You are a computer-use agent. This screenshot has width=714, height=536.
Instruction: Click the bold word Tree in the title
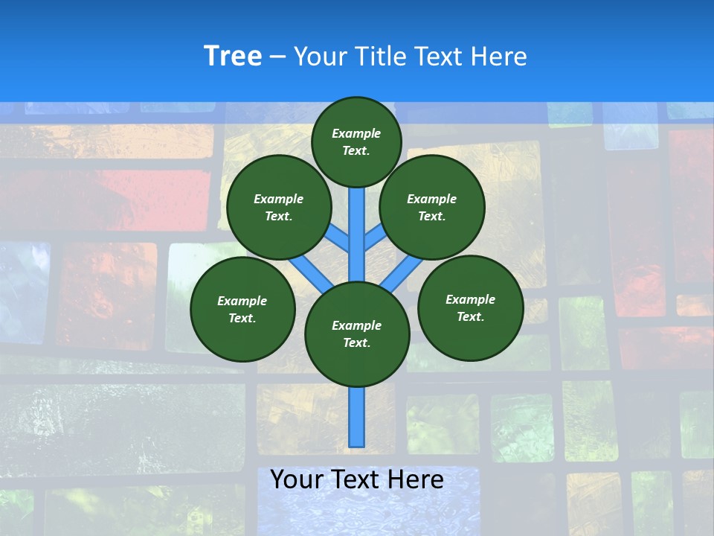pyautogui.click(x=233, y=57)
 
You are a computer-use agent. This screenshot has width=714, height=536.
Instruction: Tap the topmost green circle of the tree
pyautogui.click(x=356, y=141)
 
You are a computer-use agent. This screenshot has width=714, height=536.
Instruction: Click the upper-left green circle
pyautogui.click(x=279, y=207)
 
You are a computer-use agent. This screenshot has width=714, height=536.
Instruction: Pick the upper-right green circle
pyautogui.click(x=432, y=207)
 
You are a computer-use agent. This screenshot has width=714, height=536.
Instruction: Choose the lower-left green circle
pyautogui.click(x=242, y=309)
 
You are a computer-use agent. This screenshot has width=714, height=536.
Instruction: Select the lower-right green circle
pyautogui.click(x=471, y=307)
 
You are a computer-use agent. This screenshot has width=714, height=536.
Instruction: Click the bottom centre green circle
pyautogui.click(x=357, y=334)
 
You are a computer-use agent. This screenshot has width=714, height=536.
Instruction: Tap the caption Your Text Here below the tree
pyautogui.click(x=357, y=479)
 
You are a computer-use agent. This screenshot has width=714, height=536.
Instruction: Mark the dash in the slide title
pyautogui.click(x=277, y=57)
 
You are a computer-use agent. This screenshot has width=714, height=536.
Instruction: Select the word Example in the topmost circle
pyautogui.click(x=356, y=133)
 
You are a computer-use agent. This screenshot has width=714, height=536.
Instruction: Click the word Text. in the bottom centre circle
pyautogui.click(x=356, y=343)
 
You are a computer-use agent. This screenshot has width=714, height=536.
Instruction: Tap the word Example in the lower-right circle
pyautogui.click(x=470, y=299)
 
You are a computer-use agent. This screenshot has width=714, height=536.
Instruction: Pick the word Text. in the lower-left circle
pyautogui.click(x=242, y=319)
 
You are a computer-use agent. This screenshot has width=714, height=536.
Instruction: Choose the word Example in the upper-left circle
pyautogui.click(x=278, y=199)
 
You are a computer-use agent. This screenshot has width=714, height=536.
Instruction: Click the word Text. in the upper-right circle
pyautogui.click(x=431, y=217)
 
